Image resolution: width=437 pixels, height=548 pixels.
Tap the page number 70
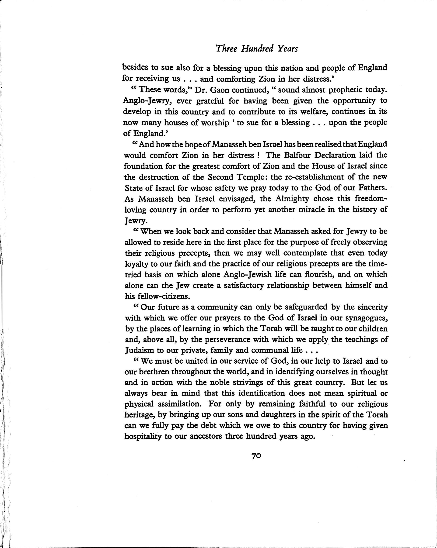[256, 456]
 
